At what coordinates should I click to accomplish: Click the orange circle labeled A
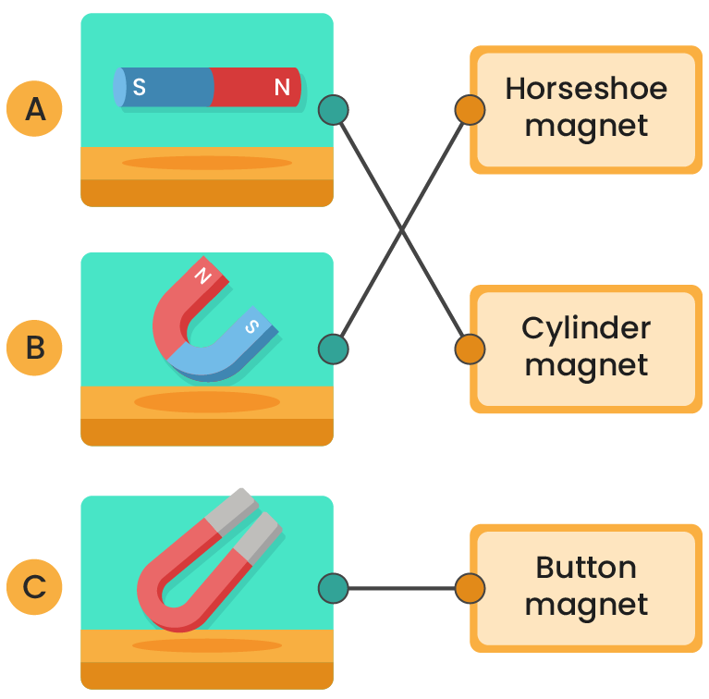35,110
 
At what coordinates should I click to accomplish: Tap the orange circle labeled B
35,349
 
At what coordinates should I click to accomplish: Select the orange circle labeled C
35,587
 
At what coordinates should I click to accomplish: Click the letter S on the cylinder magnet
139,88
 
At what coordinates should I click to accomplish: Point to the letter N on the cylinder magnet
282,88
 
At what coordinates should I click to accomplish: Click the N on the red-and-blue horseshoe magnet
203,276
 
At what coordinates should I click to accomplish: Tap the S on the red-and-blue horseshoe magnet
251,325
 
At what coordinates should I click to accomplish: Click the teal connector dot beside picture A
333,110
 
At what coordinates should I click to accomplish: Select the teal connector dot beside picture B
333,349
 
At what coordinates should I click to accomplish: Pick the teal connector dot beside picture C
333,587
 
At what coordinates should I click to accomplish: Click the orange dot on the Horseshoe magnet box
471,110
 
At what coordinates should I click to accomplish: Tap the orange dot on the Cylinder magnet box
471,349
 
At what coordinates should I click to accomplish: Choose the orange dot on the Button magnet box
471,587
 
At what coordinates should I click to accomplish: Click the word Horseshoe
586,89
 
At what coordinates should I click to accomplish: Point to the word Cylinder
586,328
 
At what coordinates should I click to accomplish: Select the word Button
586,568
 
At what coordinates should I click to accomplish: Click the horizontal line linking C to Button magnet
401,587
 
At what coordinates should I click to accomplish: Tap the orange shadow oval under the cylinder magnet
207,163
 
